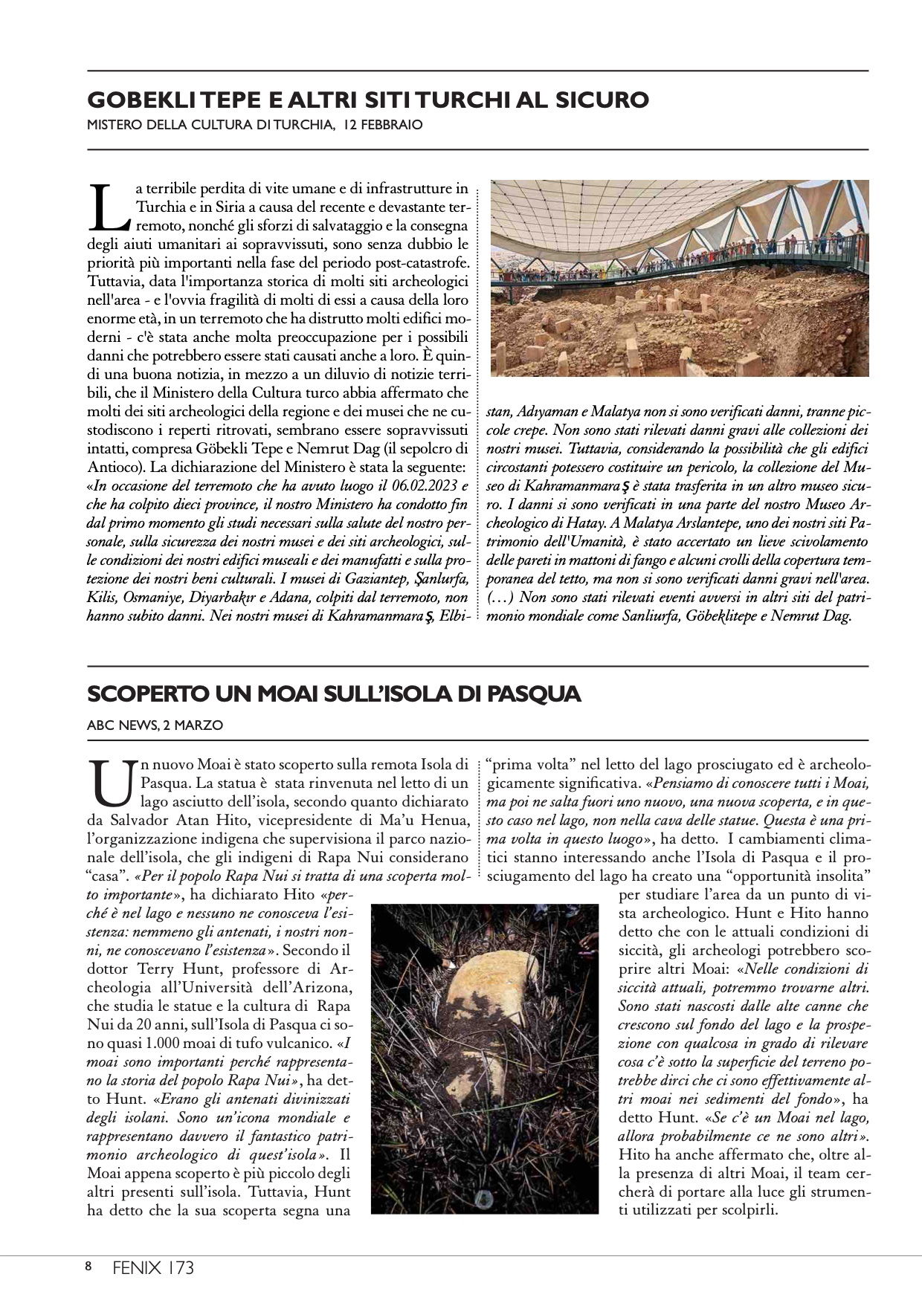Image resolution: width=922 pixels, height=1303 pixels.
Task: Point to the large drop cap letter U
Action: [109, 783]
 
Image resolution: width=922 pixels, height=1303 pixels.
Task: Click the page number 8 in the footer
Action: [88, 1267]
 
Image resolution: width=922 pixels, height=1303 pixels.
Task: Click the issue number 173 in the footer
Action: [181, 1267]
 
